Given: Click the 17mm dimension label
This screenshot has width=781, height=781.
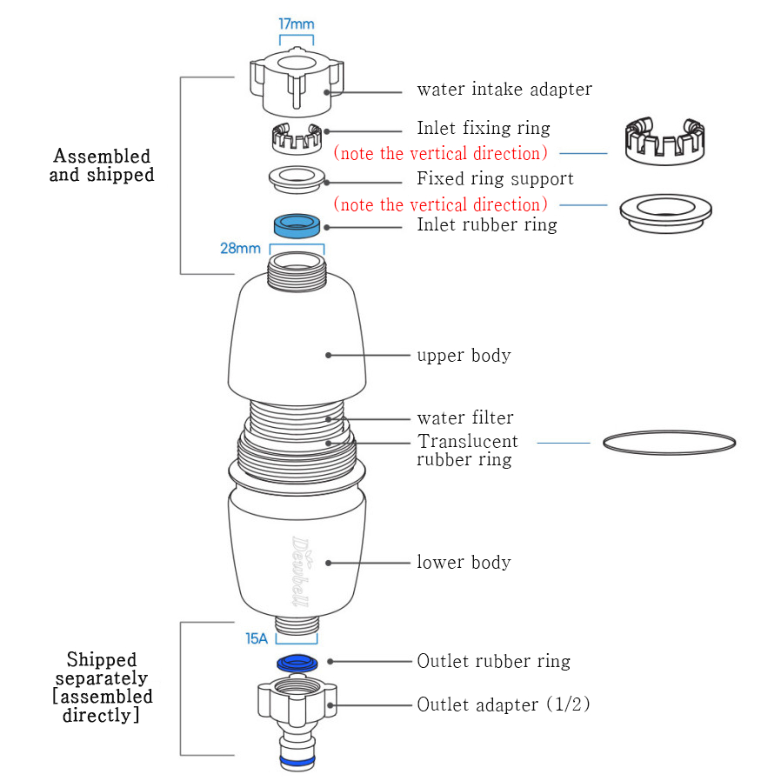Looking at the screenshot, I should pos(296,23).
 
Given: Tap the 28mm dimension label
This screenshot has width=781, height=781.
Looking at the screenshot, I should pos(239,248).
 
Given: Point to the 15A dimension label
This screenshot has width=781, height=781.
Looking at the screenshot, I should pos(256,638).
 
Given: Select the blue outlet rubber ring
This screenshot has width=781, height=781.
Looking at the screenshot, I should pos(297,663).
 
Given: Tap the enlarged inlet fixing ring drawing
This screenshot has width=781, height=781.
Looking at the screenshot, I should pos(664,141).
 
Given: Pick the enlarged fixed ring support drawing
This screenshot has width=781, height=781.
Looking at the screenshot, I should pos(664,211).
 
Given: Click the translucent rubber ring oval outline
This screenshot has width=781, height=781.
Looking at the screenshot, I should pos(669,442).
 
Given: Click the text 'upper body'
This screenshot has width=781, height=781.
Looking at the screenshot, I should pos(464,355).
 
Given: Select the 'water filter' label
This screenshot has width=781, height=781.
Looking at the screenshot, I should pos(465,418).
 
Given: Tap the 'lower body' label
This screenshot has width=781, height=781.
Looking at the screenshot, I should pos(464,562).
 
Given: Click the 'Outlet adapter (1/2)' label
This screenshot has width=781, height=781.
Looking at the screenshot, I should pos(504,704).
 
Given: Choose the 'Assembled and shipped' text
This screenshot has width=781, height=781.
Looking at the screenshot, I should pos(102,165).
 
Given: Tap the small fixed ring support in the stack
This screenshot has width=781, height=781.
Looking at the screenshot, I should pos(297,178).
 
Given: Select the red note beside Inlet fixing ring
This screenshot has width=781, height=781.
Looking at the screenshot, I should pos(441,154).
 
